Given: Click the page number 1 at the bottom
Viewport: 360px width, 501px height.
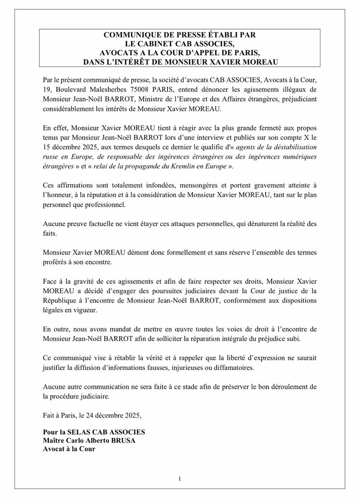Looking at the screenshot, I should click(x=179, y=478).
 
